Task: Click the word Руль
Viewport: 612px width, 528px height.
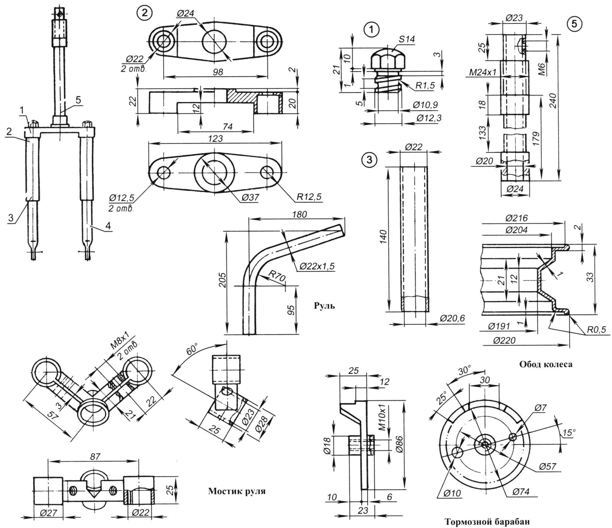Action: pyautogui.click(x=324, y=306)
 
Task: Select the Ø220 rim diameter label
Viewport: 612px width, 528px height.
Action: pyautogui.click(x=504, y=341)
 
